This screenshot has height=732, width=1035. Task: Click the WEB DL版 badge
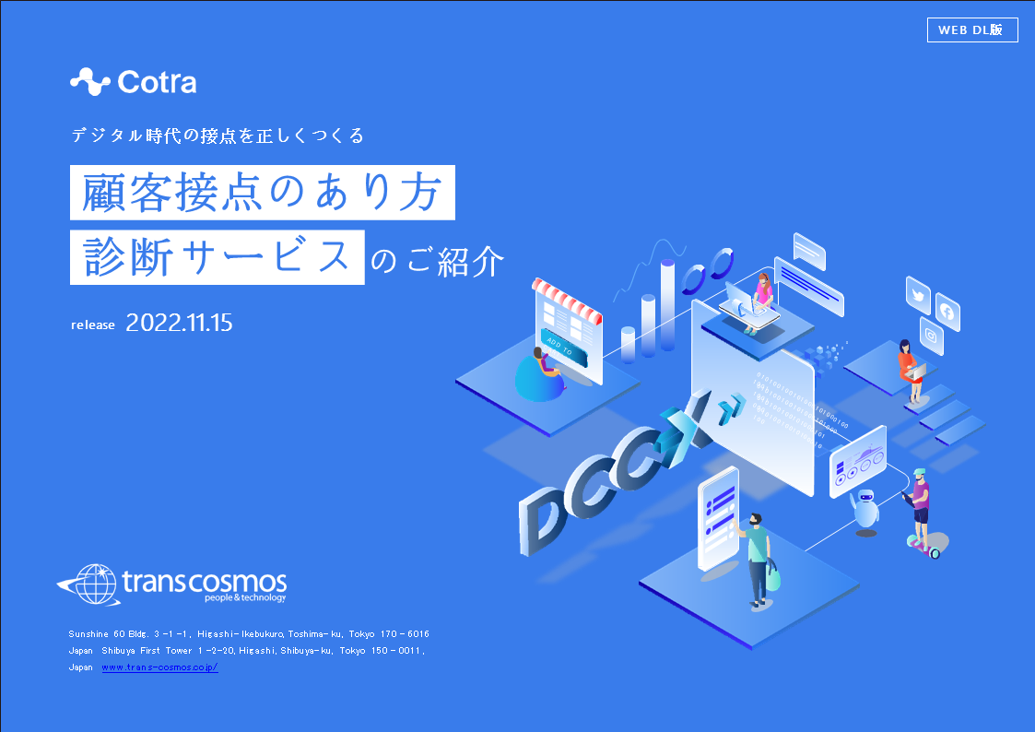pos(972,30)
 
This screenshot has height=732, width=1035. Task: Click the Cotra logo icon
pos(90,82)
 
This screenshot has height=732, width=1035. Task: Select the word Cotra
pos(157,82)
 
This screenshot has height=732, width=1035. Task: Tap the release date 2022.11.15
pos(179,323)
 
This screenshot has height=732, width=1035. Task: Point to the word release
pos(93,325)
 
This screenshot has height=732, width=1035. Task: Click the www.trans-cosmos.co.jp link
pos(159,667)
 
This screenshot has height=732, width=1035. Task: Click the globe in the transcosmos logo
pos(96,584)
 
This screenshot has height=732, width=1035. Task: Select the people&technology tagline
pos(245,598)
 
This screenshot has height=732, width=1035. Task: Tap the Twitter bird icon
pos(918,294)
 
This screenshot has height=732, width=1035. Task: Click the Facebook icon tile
pos(947,312)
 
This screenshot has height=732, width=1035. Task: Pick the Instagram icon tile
pos(932,336)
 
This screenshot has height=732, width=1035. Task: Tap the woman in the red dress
pos(910,371)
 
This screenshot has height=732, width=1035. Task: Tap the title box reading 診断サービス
pos(218,257)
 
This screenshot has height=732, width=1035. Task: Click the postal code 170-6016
pos(405,633)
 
